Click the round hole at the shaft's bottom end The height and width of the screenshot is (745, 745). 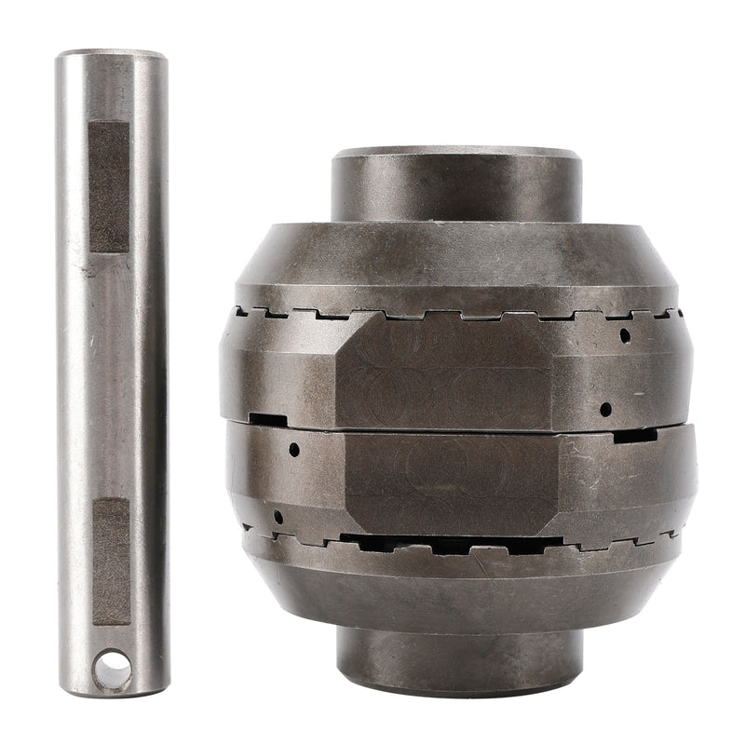112,669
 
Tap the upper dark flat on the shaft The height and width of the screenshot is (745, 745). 109,186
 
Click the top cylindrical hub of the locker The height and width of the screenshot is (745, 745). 456,184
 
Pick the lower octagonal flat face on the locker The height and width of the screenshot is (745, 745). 451,482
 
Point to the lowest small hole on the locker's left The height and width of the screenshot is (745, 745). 278,516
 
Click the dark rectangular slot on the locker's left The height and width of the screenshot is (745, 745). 268,420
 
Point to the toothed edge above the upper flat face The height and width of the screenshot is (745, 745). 447,314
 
